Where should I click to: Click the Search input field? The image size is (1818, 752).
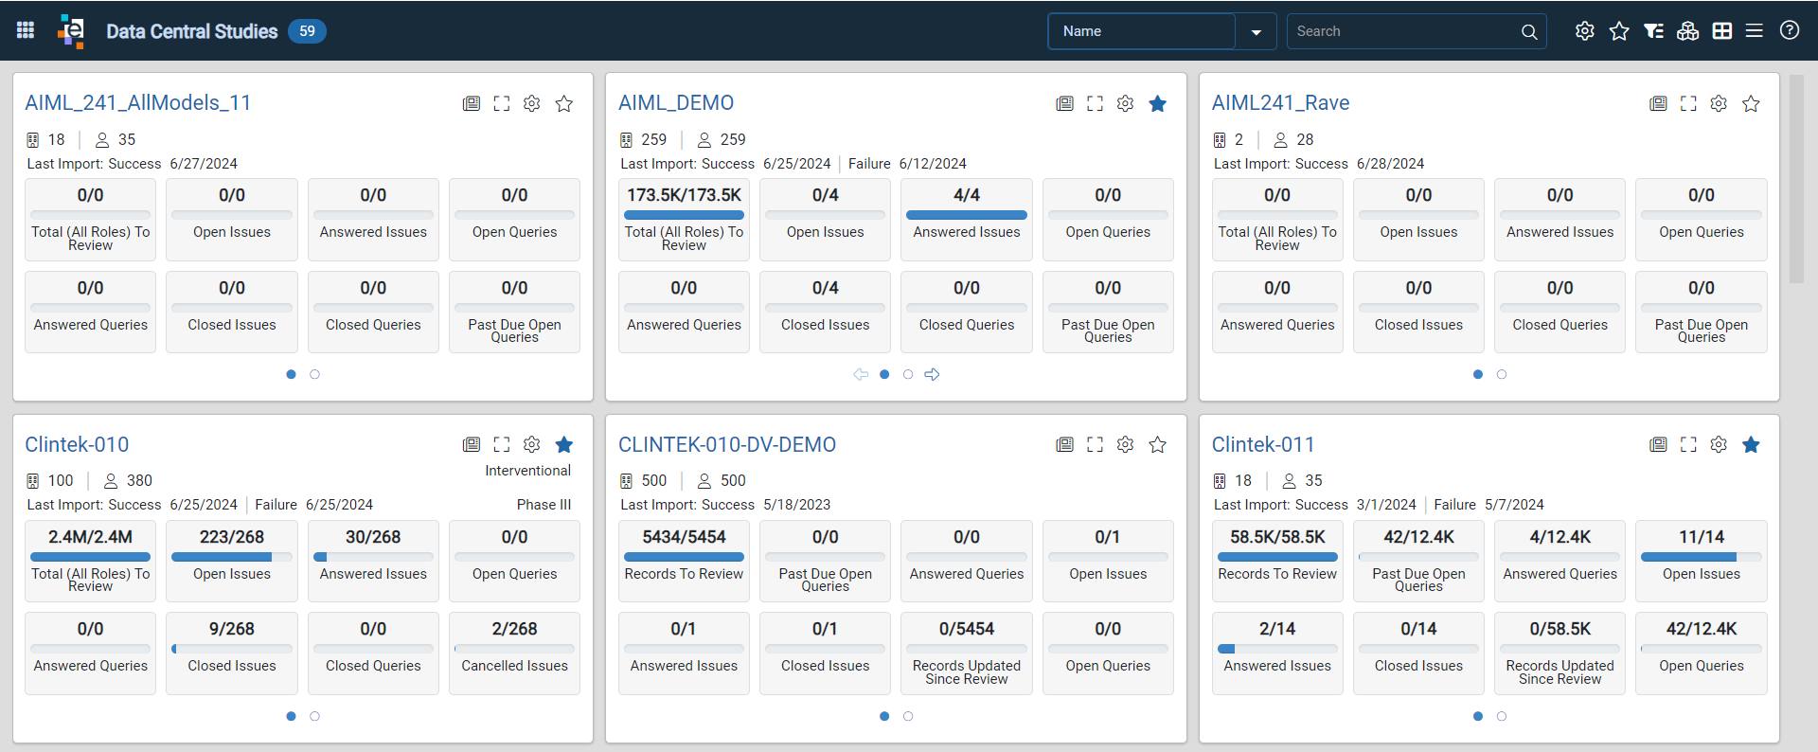(x=1404, y=31)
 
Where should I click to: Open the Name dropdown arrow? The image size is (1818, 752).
(x=1256, y=32)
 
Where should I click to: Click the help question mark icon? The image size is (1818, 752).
(x=1789, y=30)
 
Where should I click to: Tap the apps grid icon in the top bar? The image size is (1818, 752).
(x=26, y=30)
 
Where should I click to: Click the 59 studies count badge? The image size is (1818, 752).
(x=307, y=31)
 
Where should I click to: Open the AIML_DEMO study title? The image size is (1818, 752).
(x=676, y=102)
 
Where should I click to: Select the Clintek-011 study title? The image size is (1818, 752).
(x=1263, y=444)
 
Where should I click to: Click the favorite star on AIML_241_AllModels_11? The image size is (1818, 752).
(x=564, y=103)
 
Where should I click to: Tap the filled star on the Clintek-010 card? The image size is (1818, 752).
(x=564, y=444)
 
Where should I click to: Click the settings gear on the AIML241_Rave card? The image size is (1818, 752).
(x=1719, y=103)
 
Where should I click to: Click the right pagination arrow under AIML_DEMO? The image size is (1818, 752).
(x=932, y=374)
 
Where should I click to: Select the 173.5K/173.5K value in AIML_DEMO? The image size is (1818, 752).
(x=684, y=195)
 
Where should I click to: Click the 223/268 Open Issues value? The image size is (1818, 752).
(x=232, y=537)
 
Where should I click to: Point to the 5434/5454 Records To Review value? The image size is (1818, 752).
(x=684, y=537)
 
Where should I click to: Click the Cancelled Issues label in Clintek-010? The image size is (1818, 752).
(x=514, y=666)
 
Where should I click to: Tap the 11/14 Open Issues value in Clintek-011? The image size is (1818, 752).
(x=1702, y=537)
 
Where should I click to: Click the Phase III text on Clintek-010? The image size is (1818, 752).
(x=544, y=505)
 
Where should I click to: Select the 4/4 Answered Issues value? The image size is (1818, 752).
(x=967, y=195)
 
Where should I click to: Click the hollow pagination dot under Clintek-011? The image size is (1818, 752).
(x=1502, y=716)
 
